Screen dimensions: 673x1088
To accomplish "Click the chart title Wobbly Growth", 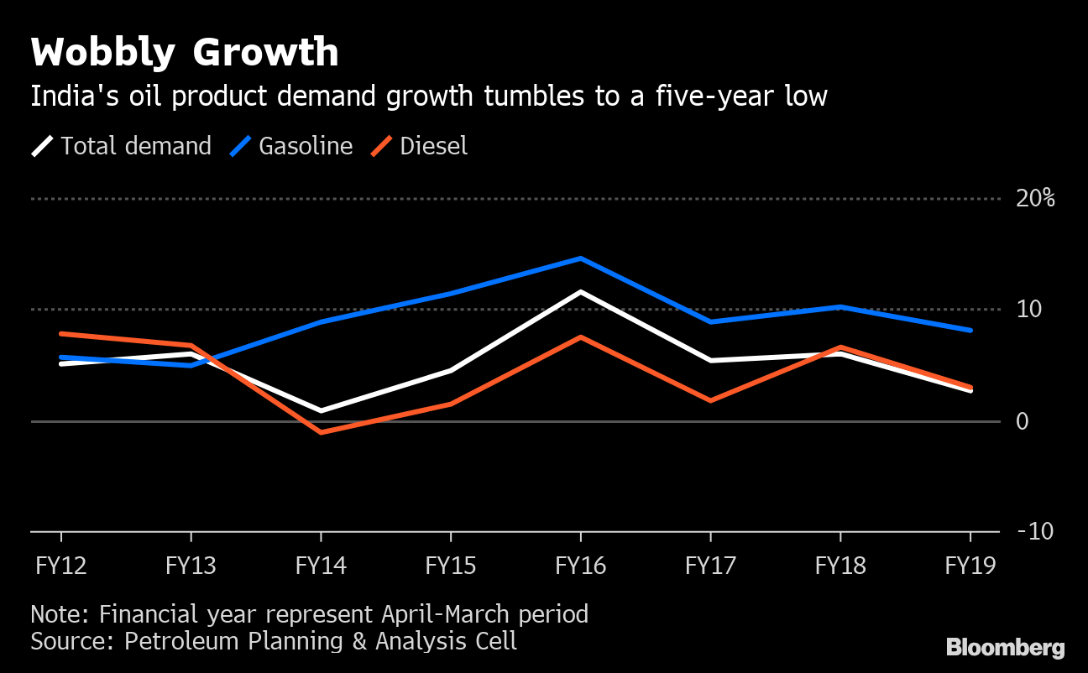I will tap(185, 54).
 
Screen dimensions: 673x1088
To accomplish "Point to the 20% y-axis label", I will tap(1034, 199).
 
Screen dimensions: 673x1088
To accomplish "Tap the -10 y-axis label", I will tap(1034, 532).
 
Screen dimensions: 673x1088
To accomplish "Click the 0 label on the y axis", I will tap(1022, 421).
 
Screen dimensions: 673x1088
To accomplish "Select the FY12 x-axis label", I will tap(60, 566).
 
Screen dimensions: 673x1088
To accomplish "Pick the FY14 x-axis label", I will tap(321, 566).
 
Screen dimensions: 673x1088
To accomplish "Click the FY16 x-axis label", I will tap(581, 566).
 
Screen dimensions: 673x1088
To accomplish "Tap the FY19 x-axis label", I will tap(970, 566).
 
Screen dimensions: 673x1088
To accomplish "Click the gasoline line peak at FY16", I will tap(581, 258).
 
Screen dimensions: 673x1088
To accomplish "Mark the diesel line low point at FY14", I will tap(321, 432).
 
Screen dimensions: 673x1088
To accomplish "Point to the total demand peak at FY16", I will tap(581, 292).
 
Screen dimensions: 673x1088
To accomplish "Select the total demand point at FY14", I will tap(321, 410).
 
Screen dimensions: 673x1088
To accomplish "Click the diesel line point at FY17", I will tap(711, 400).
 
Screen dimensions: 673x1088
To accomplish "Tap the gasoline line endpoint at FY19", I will tap(970, 331).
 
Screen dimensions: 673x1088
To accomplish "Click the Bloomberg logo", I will tap(1005, 648).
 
